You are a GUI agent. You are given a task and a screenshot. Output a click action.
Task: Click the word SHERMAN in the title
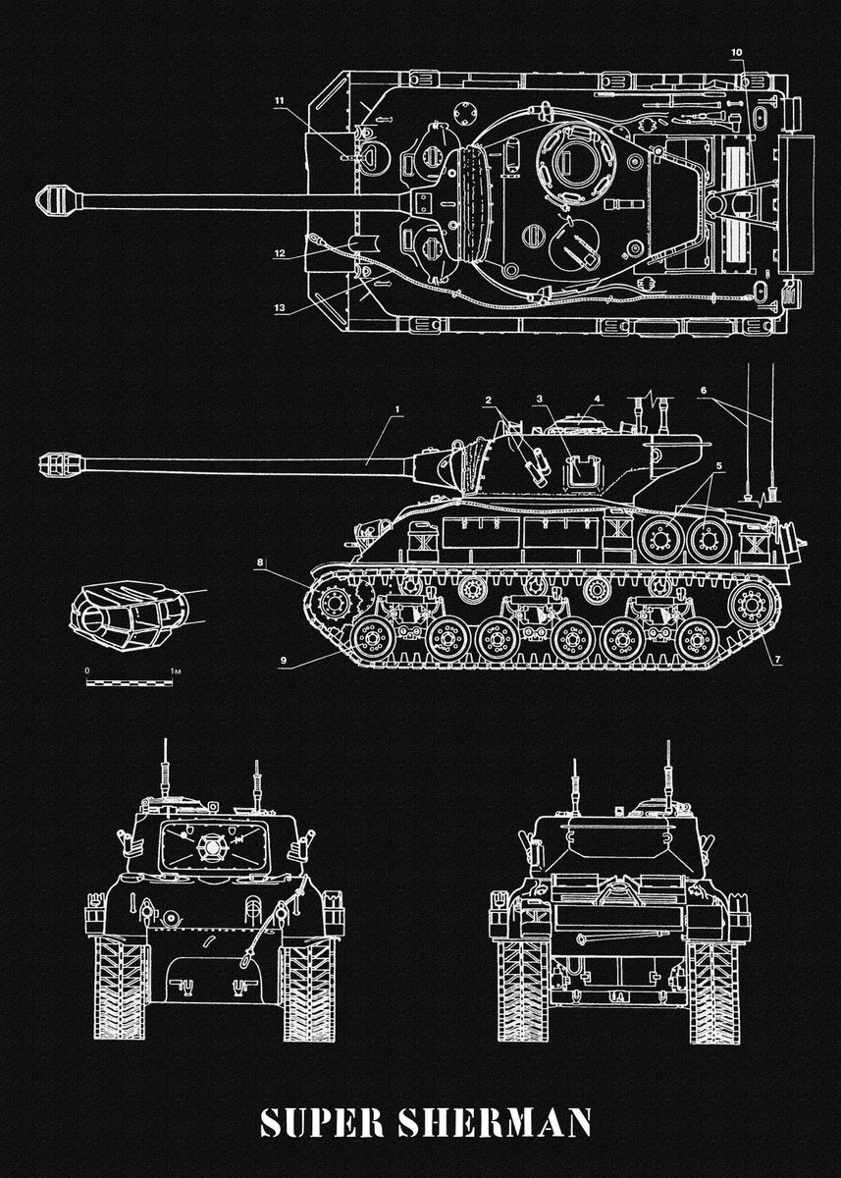pos(493,1123)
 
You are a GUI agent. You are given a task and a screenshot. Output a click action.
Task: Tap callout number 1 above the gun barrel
pos(397,407)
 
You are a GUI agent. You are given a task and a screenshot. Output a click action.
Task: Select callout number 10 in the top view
pos(737,50)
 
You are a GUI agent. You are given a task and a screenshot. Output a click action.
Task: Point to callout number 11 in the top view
pos(280,101)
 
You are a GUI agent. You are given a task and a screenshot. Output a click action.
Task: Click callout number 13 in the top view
pos(280,307)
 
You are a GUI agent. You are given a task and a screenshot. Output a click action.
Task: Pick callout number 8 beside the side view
pos(260,562)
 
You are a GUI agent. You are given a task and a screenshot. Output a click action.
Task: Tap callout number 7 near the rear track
pos(776,657)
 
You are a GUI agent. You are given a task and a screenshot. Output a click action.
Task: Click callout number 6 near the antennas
pos(703,391)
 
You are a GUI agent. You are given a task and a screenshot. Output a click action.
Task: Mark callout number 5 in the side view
pos(719,465)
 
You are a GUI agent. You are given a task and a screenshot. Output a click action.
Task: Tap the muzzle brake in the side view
pos(60,461)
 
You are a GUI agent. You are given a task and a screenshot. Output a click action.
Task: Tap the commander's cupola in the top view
pos(572,159)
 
